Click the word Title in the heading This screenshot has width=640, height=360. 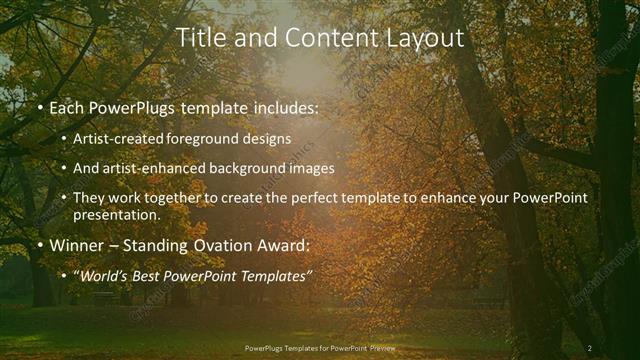pyautogui.click(x=200, y=38)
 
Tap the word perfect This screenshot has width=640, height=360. pyautogui.click(x=314, y=198)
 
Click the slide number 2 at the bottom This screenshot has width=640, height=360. pyautogui.click(x=590, y=347)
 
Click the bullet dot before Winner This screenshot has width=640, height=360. pyautogui.click(x=39, y=244)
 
